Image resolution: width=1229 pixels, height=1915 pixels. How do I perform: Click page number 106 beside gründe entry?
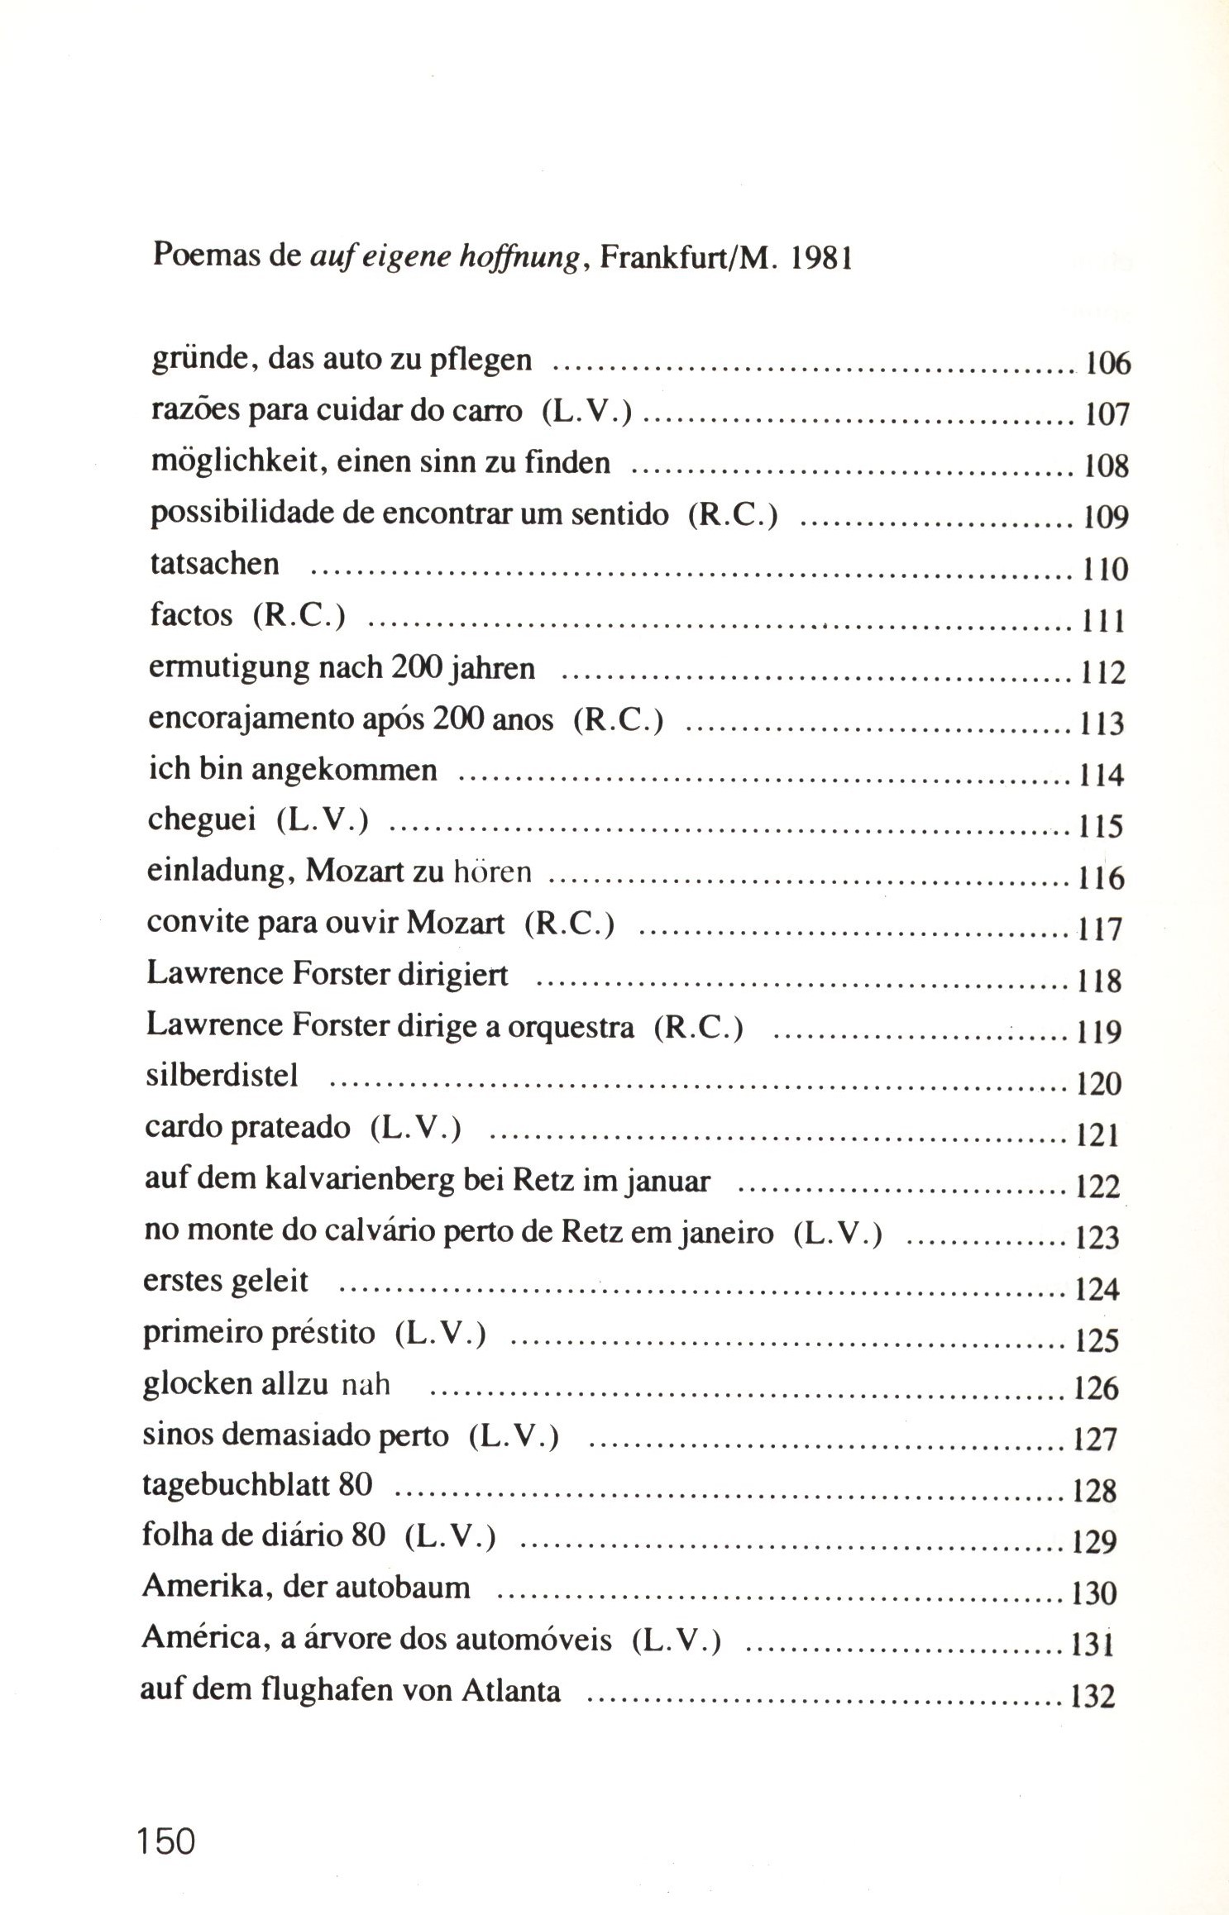[x=1107, y=364]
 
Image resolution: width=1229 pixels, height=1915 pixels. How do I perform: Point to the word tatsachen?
[x=215, y=564]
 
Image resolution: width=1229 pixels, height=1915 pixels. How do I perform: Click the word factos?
[x=191, y=615]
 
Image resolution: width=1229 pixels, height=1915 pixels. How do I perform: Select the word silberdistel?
[x=221, y=1076]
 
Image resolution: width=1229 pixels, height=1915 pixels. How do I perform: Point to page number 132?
[x=1093, y=1697]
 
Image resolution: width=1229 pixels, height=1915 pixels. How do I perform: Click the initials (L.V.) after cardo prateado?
[x=416, y=1128]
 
